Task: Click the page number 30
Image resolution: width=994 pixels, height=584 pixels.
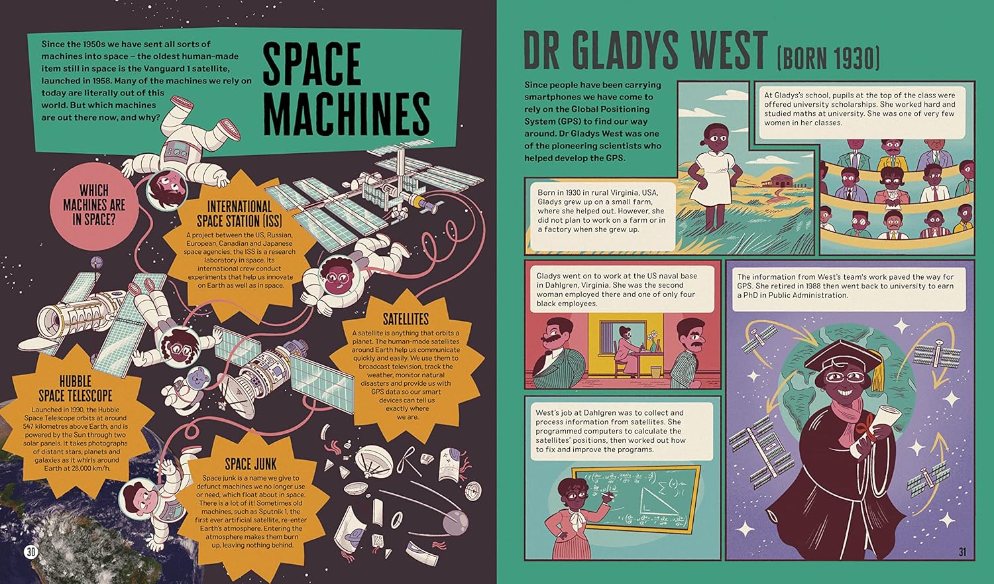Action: click(x=31, y=552)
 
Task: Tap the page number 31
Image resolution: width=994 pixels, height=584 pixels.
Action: click(x=962, y=552)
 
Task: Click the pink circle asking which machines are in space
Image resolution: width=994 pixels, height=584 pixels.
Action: click(x=94, y=205)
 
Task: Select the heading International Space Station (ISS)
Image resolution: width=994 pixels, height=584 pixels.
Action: click(x=240, y=213)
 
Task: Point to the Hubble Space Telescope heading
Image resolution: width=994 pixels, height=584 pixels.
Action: click(x=76, y=388)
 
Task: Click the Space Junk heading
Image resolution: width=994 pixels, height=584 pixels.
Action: click(x=250, y=464)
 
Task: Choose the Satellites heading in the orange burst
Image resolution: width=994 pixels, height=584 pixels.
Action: click(x=406, y=319)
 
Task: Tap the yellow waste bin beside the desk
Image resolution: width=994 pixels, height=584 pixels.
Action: click(x=655, y=371)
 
